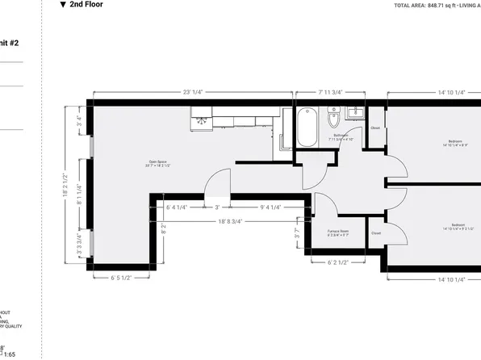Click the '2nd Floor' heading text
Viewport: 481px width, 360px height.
(86, 5)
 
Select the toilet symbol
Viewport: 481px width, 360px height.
(333, 121)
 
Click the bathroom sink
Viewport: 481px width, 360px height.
(354, 112)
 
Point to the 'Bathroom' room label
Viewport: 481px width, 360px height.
(341, 136)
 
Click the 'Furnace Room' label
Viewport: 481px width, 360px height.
(338, 232)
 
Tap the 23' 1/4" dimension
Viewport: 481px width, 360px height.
(192, 92)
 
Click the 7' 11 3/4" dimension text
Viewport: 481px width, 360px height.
(329, 92)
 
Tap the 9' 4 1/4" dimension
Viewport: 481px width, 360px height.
(270, 207)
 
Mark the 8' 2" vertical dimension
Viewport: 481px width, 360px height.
(164, 228)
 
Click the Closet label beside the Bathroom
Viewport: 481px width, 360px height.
(375, 128)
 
